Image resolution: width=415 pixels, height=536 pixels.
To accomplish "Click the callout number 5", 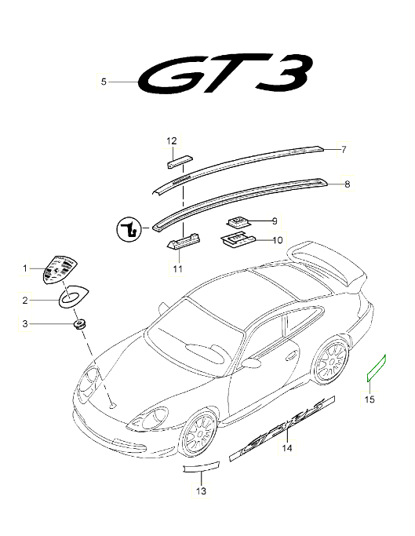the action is tap(104, 82).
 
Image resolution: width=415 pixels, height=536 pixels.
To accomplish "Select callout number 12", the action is tap(172, 140).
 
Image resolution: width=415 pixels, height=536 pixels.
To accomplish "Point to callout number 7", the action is tap(344, 149).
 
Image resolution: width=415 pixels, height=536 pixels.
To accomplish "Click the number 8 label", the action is tap(348, 184).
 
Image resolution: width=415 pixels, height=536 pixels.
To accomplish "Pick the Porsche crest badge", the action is tap(60, 268).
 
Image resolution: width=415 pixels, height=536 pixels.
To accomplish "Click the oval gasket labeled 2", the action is tap(74, 296).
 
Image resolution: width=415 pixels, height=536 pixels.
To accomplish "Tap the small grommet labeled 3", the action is tap(80, 324).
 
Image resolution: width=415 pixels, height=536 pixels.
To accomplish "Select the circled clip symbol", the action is tap(129, 229).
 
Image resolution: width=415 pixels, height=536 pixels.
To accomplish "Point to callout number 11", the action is tap(178, 268).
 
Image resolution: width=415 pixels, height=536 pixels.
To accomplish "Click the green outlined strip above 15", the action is tap(376, 368).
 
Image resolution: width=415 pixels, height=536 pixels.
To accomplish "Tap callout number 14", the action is tap(287, 448).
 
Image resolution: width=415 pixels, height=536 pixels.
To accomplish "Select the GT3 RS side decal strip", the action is tap(282, 428).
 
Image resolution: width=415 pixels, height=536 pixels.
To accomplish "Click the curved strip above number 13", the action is tap(202, 467).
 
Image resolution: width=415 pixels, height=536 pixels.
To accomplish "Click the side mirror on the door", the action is tap(251, 363).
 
